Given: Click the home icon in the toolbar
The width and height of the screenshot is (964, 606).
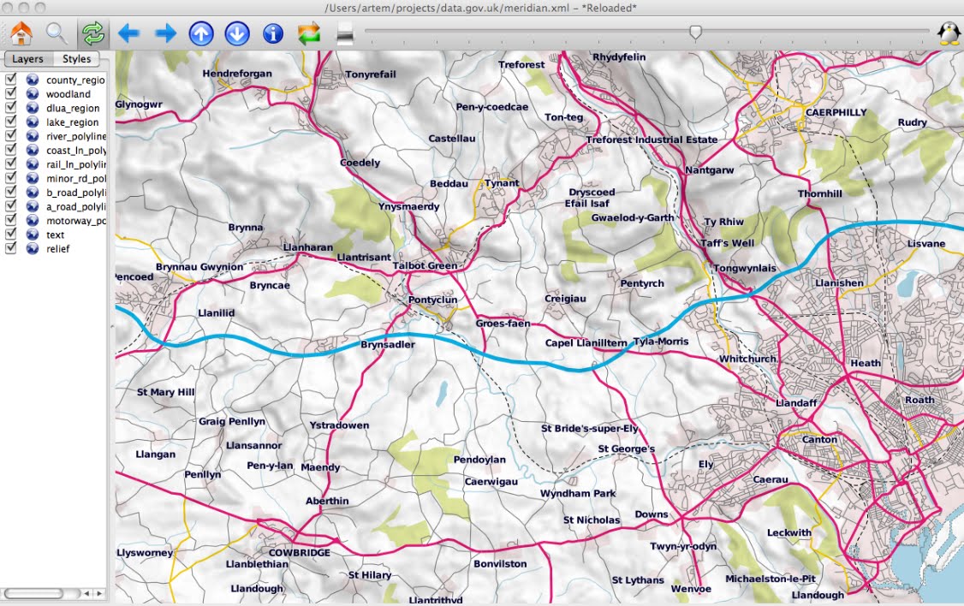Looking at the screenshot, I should click(21, 33).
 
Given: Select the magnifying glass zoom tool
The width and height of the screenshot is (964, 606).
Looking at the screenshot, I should click(57, 33).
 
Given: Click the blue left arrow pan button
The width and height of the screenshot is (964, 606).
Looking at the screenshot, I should click(128, 33).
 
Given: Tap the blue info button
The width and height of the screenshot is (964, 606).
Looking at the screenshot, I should click(273, 33).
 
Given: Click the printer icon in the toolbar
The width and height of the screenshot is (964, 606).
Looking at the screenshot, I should click(344, 34).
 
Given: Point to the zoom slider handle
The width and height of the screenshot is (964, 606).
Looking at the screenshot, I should click(696, 32).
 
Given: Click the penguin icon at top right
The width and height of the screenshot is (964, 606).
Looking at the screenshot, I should click(948, 33).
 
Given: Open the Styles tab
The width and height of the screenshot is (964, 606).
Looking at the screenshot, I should click(76, 59).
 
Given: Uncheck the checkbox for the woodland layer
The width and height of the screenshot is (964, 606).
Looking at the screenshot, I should click(11, 94).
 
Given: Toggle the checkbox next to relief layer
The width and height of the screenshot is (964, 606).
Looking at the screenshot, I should click(11, 248).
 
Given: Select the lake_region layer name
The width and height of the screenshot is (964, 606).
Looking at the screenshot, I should click(73, 122).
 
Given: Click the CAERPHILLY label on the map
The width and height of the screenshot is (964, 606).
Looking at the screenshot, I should click(836, 112).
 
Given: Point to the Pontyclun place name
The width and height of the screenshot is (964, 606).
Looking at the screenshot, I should click(433, 300).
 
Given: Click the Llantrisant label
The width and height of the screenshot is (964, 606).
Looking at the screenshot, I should click(364, 257).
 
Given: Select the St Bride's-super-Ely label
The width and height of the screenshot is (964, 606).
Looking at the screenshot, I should click(590, 428).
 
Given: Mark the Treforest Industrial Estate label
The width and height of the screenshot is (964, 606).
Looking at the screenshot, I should click(652, 140).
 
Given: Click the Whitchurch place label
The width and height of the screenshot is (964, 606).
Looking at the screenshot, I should click(747, 359).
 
